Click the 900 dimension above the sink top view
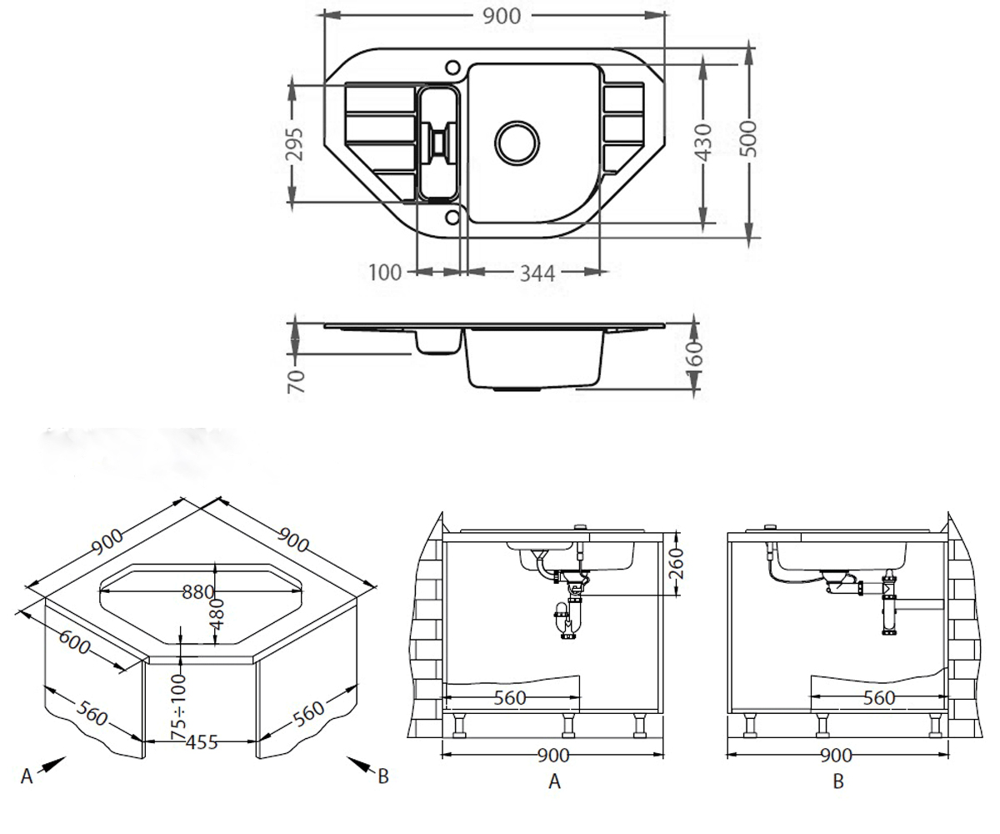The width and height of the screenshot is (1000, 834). pos(502,17)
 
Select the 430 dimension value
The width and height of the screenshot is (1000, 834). pos(703,143)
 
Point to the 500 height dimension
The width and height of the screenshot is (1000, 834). pos(747,139)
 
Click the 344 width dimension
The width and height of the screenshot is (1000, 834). pos(537,274)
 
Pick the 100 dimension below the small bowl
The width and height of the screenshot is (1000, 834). pos(385,273)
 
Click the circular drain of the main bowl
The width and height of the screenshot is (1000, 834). pos(517,143)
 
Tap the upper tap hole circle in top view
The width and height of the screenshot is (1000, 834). pos(452,68)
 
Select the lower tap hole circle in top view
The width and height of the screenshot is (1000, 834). pos(452,218)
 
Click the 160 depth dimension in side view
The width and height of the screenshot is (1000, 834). pos(694,354)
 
